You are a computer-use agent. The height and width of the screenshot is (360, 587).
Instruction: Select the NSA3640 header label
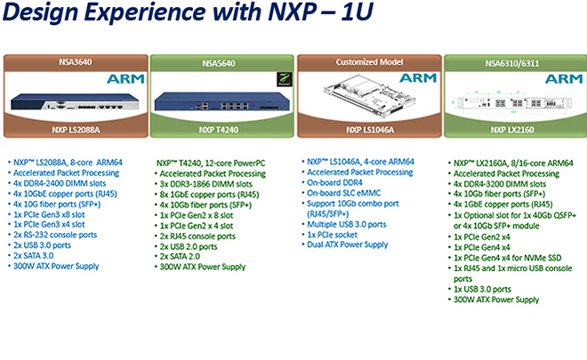tap(75, 63)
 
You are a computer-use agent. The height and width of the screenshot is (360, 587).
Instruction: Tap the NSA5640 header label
tap(219, 63)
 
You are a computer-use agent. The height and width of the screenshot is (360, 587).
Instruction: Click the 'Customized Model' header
tap(367, 63)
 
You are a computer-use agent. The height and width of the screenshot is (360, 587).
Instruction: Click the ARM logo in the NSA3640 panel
tap(125, 79)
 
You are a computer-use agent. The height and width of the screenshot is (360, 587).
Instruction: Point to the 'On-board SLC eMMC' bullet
tap(348, 193)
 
